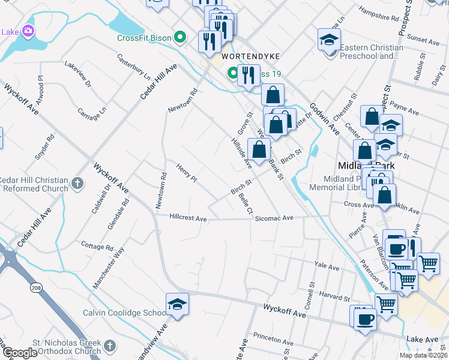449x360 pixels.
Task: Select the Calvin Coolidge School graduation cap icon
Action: coord(178,304)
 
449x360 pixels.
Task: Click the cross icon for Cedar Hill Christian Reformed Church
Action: coord(76,184)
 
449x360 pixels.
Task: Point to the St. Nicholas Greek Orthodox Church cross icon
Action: coord(109,346)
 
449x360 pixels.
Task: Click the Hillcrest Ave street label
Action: coord(188,219)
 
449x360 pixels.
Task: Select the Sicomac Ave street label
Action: coord(274,218)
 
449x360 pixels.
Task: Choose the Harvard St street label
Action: coord(335,297)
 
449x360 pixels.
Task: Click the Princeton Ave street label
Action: coord(271,336)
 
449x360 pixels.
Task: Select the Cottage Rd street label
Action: coord(97,247)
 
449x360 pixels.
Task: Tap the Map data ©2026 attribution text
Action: coord(423,355)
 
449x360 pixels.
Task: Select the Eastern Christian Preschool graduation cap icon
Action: coord(328,40)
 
